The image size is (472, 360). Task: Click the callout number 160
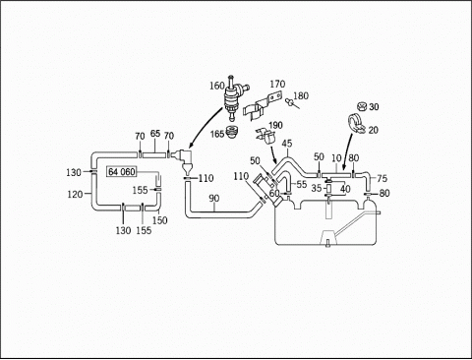[216, 86]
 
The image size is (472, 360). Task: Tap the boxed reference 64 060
[122, 172]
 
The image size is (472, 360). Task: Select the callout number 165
[217, 134]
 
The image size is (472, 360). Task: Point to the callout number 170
[277, 85]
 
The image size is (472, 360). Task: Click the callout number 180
[301, 95]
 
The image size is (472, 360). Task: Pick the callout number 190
[275, 126]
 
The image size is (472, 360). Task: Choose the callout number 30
[374, 107]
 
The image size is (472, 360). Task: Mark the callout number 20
[374, 130]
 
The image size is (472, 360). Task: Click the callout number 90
[214, 199]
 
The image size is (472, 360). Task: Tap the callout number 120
[75, 195]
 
